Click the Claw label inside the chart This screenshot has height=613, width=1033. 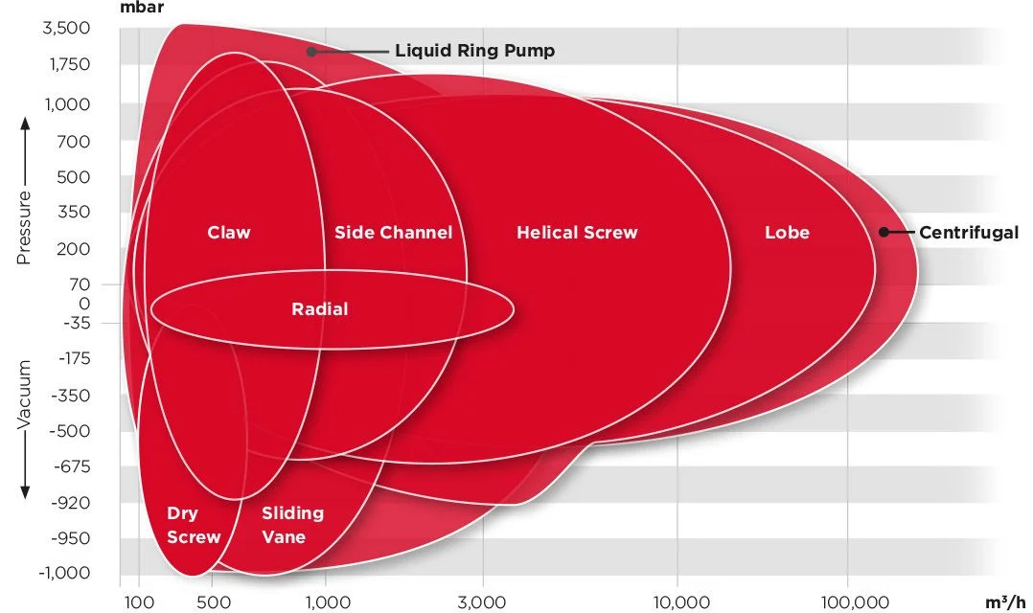[229, 233]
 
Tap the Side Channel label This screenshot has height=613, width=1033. [393, 233]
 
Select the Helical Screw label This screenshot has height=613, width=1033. [577, 233]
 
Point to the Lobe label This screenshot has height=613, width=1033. [788, 233]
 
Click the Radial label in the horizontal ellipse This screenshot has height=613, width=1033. [319, 308]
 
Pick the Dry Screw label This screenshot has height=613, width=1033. [193, 525]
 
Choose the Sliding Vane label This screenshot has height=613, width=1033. [292, 525]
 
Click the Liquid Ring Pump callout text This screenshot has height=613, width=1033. [475, 51]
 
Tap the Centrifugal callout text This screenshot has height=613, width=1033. [969, 233]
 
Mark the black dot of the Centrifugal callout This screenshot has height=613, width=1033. [884, 232]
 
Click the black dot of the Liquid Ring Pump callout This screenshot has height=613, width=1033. [310, 52]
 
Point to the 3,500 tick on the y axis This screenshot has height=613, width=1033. [66, 29]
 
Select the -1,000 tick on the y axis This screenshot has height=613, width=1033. [64, 573]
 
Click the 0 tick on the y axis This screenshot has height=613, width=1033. [84, 304]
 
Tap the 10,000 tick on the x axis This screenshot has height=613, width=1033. [681, 602]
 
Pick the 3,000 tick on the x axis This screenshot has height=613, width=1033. [482, 602]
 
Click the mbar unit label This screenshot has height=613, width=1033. [142, 8]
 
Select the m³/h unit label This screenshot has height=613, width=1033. [1005, 602]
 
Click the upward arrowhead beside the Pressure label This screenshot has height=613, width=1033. [25, 124]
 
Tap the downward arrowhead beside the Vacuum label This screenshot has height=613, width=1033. [25, 492]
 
